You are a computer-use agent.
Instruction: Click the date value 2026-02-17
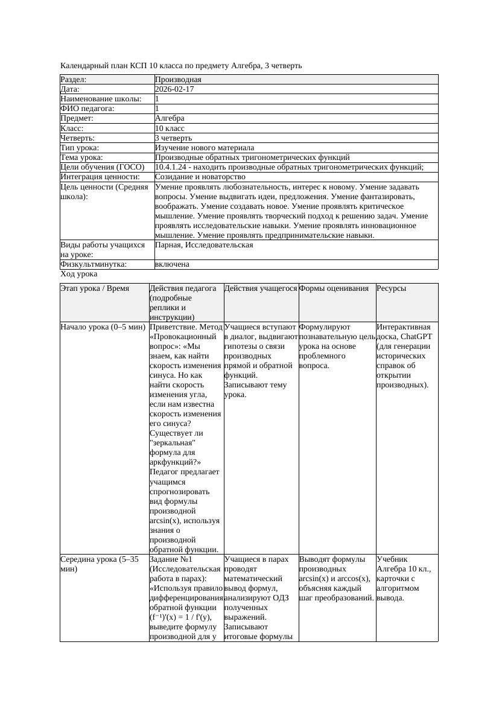pos(174,89)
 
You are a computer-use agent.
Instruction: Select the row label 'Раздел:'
pos(74,80)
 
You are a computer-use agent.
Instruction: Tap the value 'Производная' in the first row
pos(178,80)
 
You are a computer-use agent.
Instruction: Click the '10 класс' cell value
pos(170,129)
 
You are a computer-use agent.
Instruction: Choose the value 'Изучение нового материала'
pos(205,148)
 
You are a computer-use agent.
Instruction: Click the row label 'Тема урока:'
pos(81,157)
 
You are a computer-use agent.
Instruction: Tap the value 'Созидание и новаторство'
pos(200,177)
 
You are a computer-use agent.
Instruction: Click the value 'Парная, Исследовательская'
pos(204,245)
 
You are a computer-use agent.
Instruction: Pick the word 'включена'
pos(172,264)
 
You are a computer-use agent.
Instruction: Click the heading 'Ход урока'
pos(78,274)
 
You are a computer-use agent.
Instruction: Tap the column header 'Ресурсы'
pos(391,288)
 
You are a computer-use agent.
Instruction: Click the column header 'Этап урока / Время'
pos(95,288)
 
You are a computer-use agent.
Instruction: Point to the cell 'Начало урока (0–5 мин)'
pos(103,327)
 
